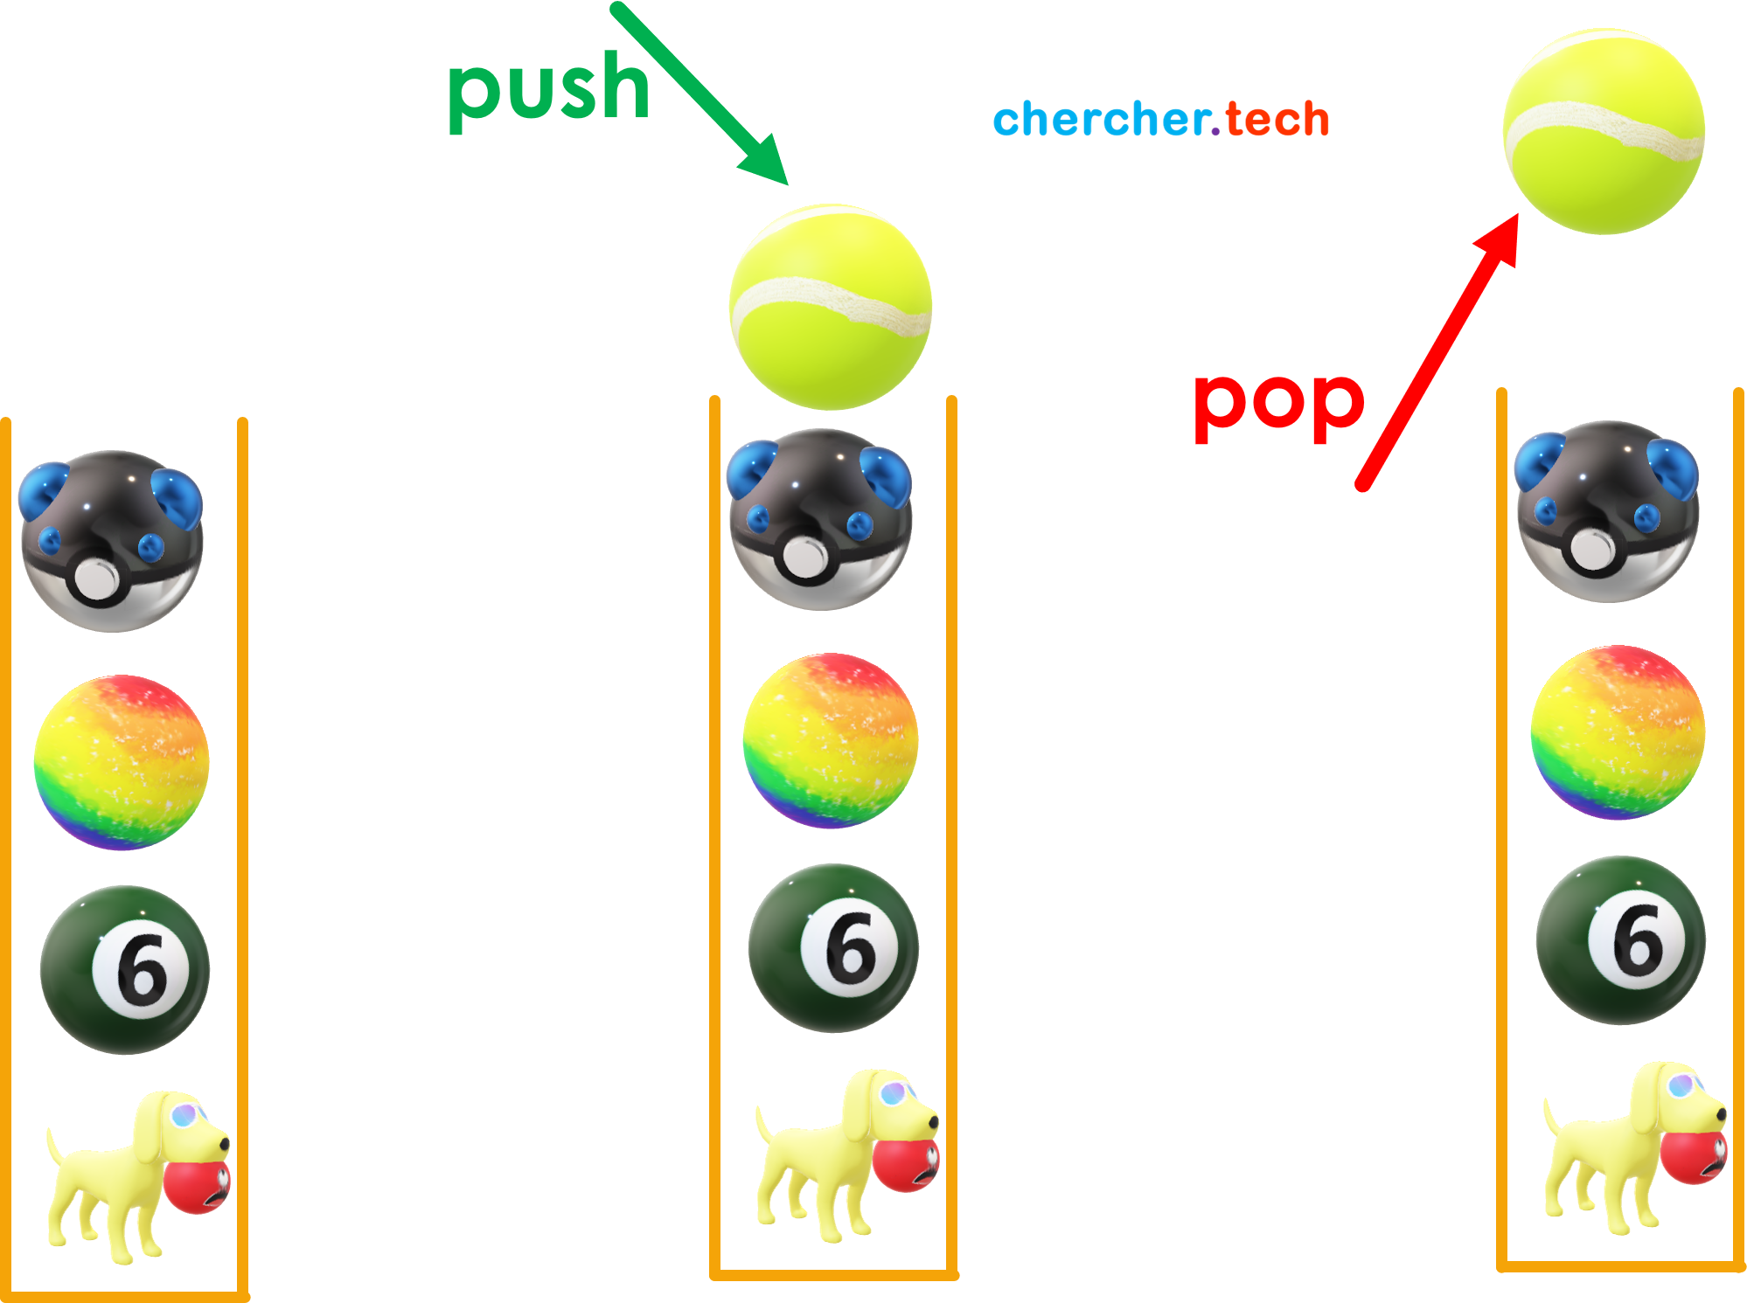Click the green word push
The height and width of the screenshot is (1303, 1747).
point(548,90)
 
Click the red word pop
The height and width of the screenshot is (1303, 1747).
point(1278,403)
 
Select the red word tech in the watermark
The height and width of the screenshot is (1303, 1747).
point(1277,120)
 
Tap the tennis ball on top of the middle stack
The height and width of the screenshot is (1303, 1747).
point(831,307)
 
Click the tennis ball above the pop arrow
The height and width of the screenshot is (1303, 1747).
point(1604,132)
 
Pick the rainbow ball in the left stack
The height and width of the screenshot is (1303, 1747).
point(122,762)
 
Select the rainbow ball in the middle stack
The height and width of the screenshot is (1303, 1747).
point(831,740)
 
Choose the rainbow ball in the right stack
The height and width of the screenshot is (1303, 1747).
point(1618,732)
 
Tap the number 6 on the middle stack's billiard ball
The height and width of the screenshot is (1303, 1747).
point(850,947)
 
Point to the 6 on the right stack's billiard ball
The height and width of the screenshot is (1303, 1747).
point(1638,940)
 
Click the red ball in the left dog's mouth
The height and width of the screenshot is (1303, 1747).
point(198,1186)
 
